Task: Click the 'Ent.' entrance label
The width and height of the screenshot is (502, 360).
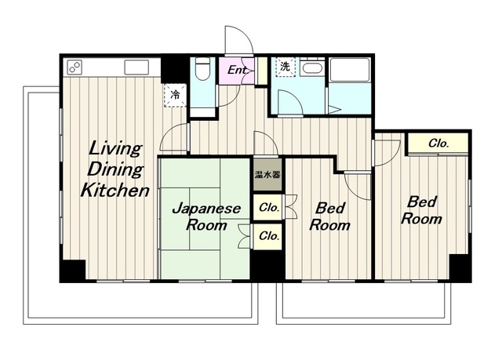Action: click(x=237, y=70)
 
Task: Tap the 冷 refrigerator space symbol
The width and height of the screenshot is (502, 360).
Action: click(x=175, y=95)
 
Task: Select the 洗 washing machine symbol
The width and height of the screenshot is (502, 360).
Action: click(x=285, y=67)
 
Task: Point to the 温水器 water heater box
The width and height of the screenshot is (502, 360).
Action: click(x=267, y=175)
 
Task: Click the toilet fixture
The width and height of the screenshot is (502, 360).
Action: click(x=202, y=69)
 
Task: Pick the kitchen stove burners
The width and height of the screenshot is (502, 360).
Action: click(x=75, y=67)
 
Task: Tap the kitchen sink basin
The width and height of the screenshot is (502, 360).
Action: click(x=136, y=67)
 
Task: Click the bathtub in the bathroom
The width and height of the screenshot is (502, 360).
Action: click(x=350, y=70)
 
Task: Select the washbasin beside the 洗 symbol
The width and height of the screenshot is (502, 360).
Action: click(x=312, y=67)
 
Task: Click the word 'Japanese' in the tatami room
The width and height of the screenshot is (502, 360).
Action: click(x=206, y=209)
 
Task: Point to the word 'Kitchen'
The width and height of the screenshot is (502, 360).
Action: click(x=115, y=191)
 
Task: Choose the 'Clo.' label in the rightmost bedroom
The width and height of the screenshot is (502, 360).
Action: click(x=438, y=143)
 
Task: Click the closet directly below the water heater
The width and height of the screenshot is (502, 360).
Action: click(x=267, y=207)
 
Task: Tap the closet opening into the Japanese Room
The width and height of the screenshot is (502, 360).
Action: click(x=267, y=237)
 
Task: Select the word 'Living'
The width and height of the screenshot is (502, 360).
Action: click(x=115, y=149)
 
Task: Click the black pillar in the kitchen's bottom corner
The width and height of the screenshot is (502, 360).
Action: click(x=74, y=271)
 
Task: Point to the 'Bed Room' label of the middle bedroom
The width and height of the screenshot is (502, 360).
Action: click(x=329, y=216)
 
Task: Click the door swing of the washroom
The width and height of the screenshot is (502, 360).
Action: click(x=290, y=102)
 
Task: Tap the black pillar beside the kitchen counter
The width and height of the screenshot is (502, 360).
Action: click(x=173, y=70)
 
